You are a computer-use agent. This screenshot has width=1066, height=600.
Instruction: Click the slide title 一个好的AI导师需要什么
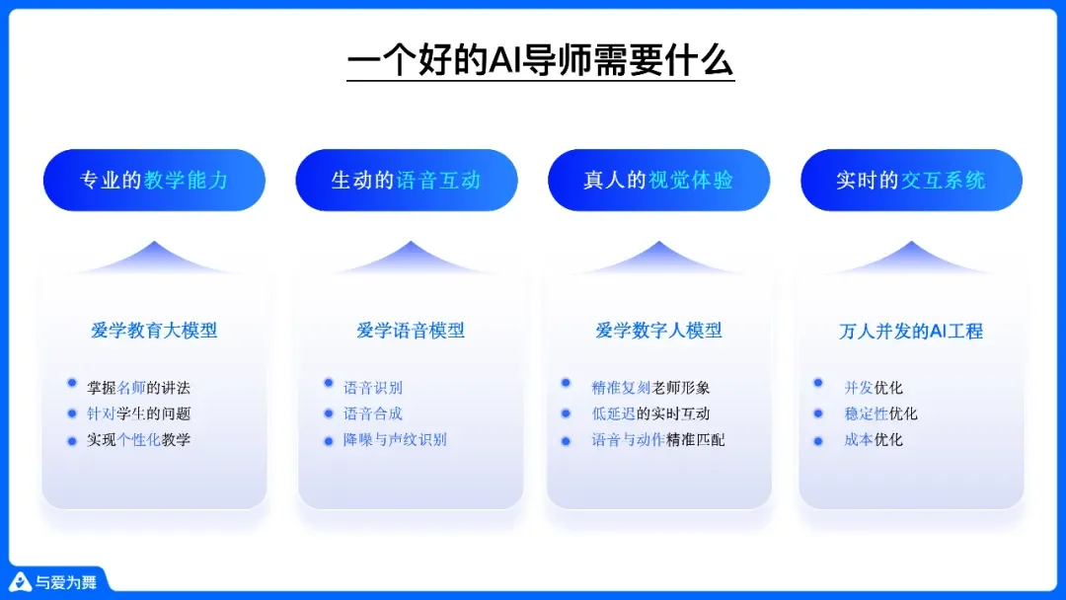[x=540, y=61]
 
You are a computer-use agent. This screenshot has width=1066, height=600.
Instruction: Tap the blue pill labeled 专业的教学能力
[x=154, y=180]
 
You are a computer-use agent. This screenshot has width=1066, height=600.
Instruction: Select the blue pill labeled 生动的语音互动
[x=406, y=180]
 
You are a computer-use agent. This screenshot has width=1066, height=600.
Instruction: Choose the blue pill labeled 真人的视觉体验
[x=658, y=180]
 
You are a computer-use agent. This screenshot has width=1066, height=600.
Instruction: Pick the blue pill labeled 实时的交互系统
[x=910, y=180]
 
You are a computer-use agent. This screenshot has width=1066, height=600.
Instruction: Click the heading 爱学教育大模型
[x=154, y=331]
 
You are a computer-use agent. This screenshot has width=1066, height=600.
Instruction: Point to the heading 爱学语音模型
[x=411, y=331]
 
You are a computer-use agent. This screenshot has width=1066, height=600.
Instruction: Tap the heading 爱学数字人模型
[x=658, y=331]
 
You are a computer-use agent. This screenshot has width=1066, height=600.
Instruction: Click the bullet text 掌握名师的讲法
[x=138, y=388]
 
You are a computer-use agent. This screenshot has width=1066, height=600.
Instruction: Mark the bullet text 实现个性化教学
[x=138, y=440]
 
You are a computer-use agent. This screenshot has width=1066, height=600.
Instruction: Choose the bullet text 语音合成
[x=373, y=413]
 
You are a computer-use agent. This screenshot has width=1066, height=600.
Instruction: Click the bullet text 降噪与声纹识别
[x=395, y=440]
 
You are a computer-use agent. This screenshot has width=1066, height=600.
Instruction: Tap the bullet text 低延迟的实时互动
[x=650, y=413]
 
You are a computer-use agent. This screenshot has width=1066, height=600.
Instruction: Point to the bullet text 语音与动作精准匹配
[x=658, y=440]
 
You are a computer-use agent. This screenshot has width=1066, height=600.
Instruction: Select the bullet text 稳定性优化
[x=880, y=413]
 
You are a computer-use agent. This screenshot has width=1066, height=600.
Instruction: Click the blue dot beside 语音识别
[x=329, y=383]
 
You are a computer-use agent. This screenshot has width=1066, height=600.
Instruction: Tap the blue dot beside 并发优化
[x=818, y=383]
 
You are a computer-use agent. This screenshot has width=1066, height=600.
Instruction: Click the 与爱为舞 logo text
[x=65, y=582]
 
